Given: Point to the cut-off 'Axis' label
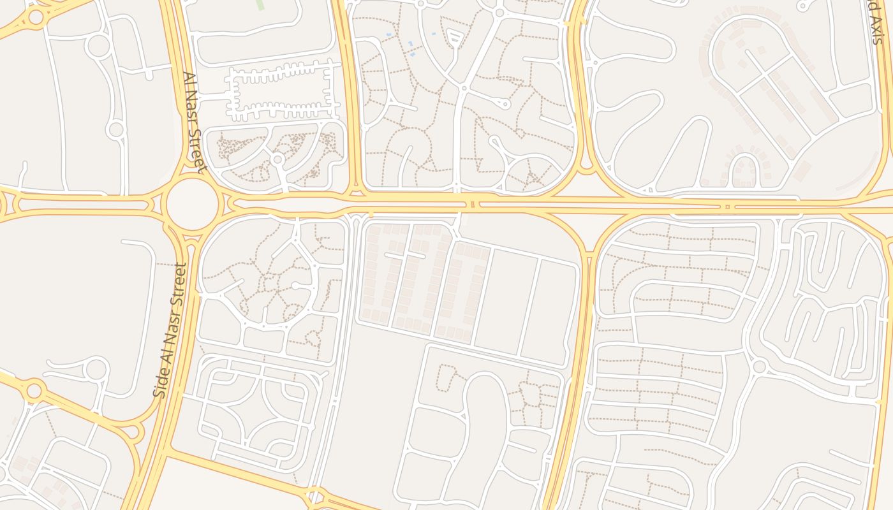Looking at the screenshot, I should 874,22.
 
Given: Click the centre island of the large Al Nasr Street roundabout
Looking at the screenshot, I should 193,204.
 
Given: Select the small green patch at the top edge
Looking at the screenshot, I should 260,4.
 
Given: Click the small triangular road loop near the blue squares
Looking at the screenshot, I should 454,37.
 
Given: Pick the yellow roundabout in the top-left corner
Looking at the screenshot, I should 35,17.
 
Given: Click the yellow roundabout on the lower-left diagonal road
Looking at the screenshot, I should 34,390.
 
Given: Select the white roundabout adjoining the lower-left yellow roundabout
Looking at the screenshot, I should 97,369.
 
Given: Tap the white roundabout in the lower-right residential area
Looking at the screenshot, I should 759,367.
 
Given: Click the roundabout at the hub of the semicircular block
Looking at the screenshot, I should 277,159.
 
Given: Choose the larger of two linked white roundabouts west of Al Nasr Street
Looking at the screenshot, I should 98,46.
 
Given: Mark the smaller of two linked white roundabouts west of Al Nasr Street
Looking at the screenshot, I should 115,130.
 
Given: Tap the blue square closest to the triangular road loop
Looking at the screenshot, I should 434,33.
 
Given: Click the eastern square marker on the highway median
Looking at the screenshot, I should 728,206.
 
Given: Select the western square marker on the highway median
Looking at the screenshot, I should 473,204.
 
